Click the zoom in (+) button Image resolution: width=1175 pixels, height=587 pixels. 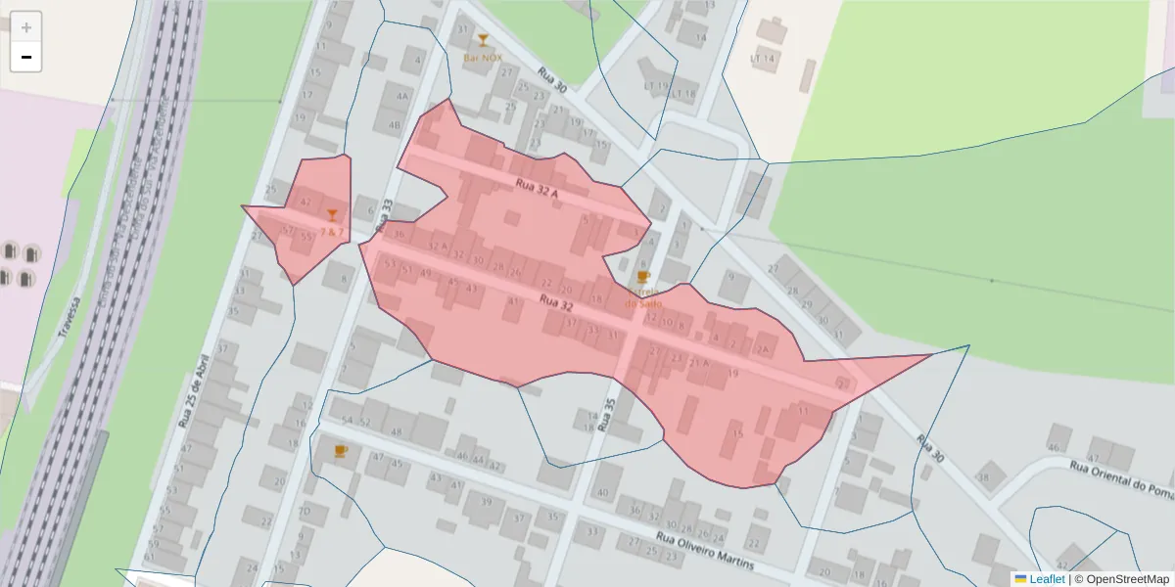click(26, 27)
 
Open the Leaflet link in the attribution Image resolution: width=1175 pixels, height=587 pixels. click(1046, 579)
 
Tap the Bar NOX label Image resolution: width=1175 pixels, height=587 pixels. click(482, 59)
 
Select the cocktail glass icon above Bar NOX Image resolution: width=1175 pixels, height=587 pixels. click(482, 40)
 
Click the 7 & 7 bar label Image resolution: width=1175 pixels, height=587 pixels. click(332, 232)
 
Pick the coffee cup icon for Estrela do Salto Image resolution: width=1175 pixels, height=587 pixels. click(642, 278)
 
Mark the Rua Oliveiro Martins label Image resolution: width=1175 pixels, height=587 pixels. click(705, 553)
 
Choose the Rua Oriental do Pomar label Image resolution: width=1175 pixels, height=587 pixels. click(1121, 474)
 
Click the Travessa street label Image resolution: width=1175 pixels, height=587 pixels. click(67, 318)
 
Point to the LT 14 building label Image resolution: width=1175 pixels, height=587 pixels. click(762, 60)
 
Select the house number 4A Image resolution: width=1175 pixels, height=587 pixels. click(401, 97)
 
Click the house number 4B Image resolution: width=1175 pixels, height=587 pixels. click(395, 125)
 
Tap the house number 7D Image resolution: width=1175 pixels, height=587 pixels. click(305, 511)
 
